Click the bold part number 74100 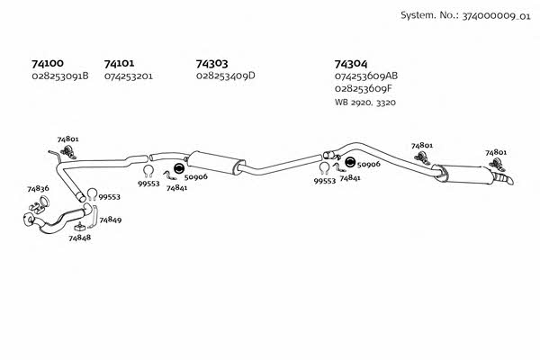coord(48,63)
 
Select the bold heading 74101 coord(119,63)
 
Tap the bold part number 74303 coord(211,64)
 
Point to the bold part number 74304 coord(351,64)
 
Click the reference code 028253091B coord(60,76)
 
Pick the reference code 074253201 coord(128,76)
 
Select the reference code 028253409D coord(226,76)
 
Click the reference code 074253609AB coord(366,76)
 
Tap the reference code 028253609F coord(364,88)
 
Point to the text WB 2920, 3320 coord(365,103)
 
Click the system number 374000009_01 coord(496,16)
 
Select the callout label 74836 coord(38,188)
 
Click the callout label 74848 coord(79,238)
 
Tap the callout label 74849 coord(110,220)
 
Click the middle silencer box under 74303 coord(216,163)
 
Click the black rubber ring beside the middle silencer coord(179,168)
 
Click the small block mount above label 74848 coord(80,227)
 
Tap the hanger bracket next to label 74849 coord(94,216)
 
